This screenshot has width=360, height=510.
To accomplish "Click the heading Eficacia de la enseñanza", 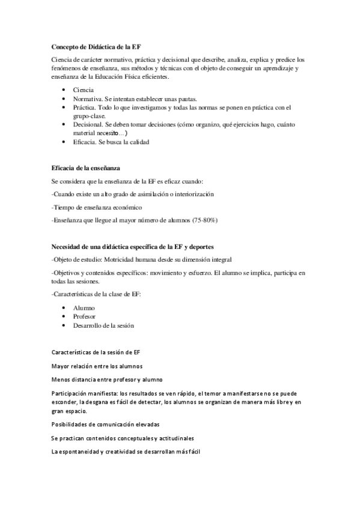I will coord(88,167).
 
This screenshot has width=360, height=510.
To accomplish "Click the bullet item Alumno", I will coord(84,307).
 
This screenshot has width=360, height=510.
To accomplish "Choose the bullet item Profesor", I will coord(85,316).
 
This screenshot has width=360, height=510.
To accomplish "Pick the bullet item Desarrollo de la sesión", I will coord(103,325).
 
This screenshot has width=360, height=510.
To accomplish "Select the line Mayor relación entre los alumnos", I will coord(97,365).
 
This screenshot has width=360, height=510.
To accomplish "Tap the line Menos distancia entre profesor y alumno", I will coord(108,379).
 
